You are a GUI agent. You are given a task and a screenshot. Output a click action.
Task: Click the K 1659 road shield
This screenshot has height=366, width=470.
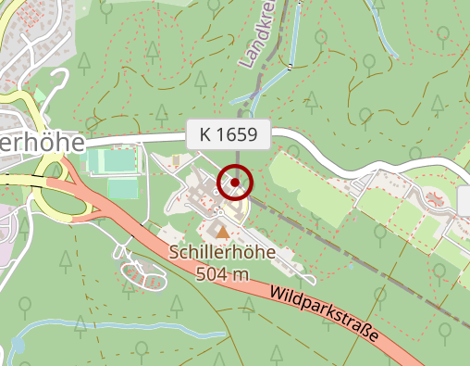228,135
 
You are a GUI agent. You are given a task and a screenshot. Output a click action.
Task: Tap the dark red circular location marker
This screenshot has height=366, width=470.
235,182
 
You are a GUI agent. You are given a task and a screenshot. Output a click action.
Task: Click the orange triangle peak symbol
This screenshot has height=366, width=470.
222,231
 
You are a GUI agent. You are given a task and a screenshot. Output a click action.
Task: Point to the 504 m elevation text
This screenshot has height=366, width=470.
222,273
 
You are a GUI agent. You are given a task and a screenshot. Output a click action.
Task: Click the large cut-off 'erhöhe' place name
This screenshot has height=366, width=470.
42,144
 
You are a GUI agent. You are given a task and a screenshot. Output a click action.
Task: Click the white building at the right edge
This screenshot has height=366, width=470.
464,198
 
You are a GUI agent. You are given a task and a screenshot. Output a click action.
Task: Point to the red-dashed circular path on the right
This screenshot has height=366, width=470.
433,196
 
